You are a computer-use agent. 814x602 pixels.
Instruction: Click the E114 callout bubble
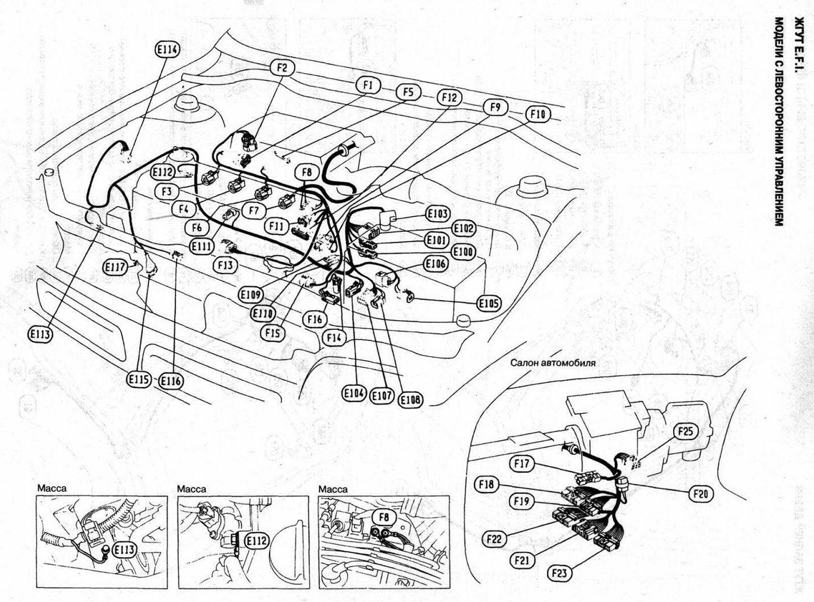coord(167,49)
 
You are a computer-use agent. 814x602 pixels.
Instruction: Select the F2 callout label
coord(282,67)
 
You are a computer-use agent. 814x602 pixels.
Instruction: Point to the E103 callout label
coord(438,214)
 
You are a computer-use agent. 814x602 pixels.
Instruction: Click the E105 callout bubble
coord(488,303)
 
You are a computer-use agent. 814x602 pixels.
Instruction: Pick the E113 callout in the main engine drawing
coord(41,334)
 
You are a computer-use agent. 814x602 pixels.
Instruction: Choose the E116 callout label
coord(171,381)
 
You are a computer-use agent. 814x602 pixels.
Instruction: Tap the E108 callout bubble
coord(411,399)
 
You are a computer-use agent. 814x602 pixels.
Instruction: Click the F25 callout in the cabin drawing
coord(685,431)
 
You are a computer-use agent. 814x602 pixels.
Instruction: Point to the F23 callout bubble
coord(561,572)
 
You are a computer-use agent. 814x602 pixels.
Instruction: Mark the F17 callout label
coord(522,463)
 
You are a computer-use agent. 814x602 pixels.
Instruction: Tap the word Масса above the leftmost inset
coord(52,488)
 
